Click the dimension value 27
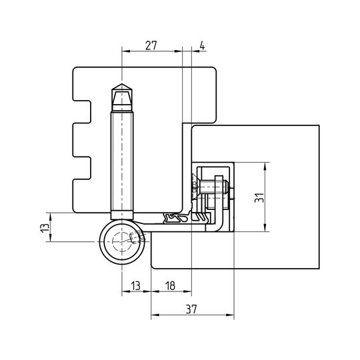(x=151, y=46)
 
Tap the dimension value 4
(x=202, y=46)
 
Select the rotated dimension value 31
(x=259, y=197)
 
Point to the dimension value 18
(x=171, y=286)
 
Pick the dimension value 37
(x=191, y=309)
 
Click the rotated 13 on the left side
(x=45, y=227)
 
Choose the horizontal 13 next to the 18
(x=136, y=286)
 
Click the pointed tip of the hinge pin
(x=122, y=84)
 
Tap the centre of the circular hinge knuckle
(x=122, y=242)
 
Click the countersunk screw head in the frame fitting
(x=194, y=186)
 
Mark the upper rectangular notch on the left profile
(x=82, y=112)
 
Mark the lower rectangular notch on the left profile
(x=82, y=168)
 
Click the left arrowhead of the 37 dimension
(x=155, y=315)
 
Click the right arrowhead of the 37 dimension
(x=230, y=315)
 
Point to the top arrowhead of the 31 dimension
(x=265, y=166)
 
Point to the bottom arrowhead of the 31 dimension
(x=265, y=228)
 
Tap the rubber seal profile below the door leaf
(x=176, y=217)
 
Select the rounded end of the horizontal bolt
(x=226, y=186)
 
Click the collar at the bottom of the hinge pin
(x=122, y=215)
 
